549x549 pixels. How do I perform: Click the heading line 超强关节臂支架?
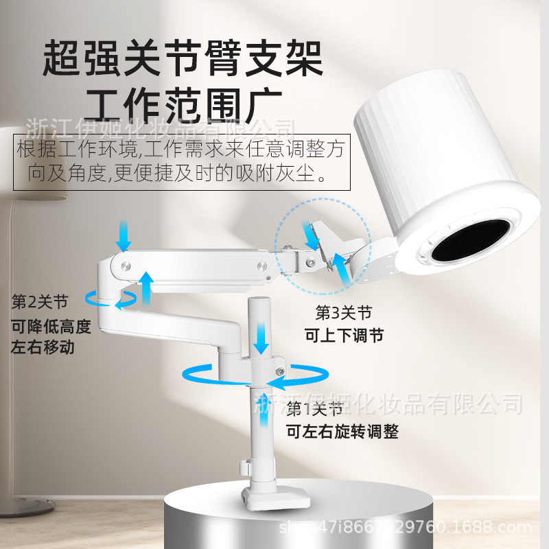click(183, 60)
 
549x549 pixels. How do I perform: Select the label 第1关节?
click(314, 410)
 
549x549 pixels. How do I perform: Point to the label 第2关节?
click(40, 301)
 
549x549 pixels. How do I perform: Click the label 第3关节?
click(343, 314)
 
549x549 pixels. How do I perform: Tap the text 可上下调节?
click(343, 336)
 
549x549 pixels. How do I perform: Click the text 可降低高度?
click(51, 326)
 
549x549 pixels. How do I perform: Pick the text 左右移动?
click(43, 347)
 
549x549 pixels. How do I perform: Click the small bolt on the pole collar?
click(280, 371)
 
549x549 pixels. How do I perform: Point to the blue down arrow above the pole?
click(261, 338)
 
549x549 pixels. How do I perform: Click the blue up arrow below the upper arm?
click(146, 285)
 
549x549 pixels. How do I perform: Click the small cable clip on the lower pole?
click(244, 469)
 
